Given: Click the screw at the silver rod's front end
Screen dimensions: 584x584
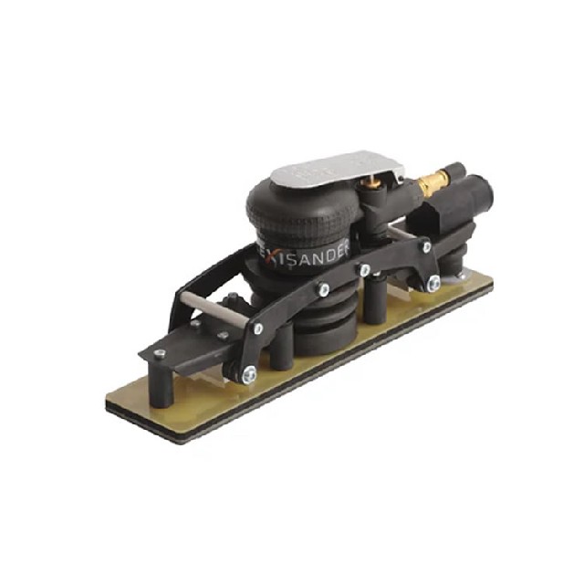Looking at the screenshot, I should [x=259, y=328].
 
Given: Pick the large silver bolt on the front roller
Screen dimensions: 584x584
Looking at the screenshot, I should [x=248, y=372].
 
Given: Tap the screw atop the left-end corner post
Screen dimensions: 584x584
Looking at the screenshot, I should [x=161, y=353].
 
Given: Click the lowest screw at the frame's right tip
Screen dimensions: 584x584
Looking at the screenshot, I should [x=433, y=283].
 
